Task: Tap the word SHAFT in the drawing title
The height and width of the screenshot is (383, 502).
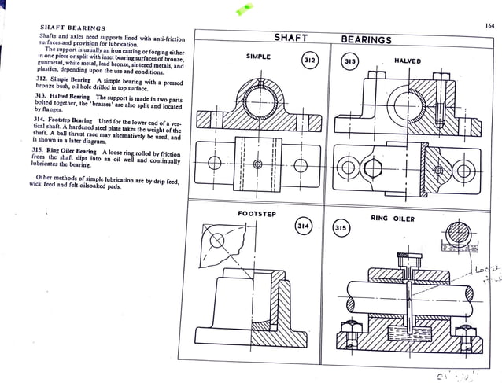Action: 290,38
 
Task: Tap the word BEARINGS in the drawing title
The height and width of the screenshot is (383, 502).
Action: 366,39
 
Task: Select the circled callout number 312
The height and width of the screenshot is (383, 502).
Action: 310,60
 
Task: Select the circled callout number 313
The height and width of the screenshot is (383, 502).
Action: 350,61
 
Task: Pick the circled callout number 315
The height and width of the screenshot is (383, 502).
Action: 341,227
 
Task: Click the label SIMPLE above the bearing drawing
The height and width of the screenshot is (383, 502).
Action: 258,57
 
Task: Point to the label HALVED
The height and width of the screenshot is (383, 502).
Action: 407,61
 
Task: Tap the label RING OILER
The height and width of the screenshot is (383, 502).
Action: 392,218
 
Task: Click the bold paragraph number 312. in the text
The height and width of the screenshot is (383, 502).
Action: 44,80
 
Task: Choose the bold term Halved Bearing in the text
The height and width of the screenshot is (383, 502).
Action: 72,97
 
